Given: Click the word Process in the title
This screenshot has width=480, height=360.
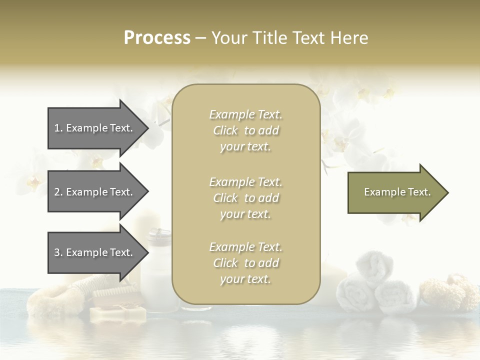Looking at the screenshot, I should click(x=157, y=38).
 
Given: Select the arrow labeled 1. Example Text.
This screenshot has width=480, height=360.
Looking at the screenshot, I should click(x=95, y=128).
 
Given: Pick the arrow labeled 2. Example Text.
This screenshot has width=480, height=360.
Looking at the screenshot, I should click(x=95, y=192).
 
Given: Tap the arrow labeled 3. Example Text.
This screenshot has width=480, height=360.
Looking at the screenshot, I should click(x=95, y=252).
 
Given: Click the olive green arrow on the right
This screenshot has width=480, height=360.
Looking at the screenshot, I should click(x=395, y=192).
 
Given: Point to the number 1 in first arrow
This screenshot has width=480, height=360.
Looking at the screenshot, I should click(x=57, y=128).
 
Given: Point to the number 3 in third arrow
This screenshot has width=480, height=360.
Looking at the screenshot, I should click(x=57, y=252).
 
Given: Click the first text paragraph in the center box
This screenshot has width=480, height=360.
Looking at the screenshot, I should click(x=245, y=130).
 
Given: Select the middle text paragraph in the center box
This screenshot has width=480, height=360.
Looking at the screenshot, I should click(x=245, y=197).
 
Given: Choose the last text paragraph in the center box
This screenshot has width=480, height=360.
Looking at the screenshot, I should click(x=245, y=263).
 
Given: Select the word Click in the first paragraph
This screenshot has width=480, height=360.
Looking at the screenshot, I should click(x=225, y=130).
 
